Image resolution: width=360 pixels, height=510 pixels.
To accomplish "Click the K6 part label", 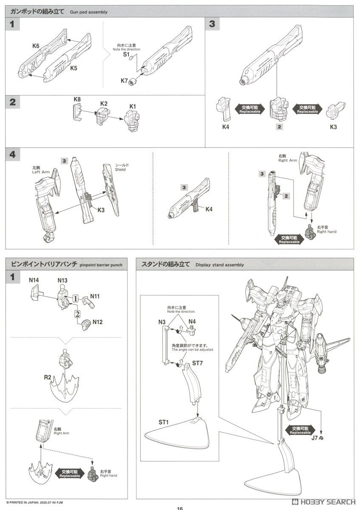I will point(36,45).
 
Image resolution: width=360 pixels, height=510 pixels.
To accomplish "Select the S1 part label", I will point(126,55).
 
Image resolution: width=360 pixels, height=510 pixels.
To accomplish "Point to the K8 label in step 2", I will point(77,99).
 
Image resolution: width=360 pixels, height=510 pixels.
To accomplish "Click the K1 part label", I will point(133,106).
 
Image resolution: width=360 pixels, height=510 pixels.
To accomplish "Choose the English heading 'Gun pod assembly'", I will point(89,12).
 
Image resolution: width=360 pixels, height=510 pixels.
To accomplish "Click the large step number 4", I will point(13,155).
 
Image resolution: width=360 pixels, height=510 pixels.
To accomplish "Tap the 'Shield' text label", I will point(121,170).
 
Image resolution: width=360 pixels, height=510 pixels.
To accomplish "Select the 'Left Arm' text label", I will point(41,172).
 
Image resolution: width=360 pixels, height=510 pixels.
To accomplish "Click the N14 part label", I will point(34,280).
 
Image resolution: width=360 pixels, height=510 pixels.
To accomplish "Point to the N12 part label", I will point(98,322).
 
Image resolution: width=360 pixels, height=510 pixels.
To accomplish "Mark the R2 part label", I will point(48,377).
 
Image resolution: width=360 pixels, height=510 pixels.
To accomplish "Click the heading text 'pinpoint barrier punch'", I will point(101,265).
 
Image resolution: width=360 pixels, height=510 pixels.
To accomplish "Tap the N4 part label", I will point(192,321).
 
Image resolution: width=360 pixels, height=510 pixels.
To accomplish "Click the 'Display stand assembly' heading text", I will point(220,265).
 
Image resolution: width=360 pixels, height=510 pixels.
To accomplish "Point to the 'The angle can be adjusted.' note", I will point(193,349).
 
